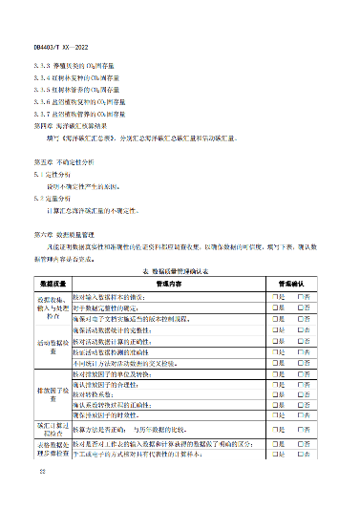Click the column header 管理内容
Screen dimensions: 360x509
click(168, 285)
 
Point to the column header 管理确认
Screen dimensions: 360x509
click(290, 285)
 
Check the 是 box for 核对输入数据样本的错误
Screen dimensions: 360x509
click(273, 297)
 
